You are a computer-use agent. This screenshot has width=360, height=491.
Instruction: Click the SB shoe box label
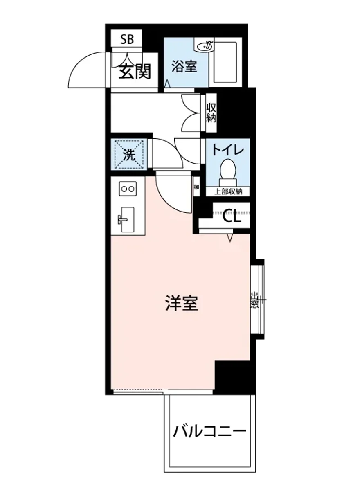[x=127, y=40]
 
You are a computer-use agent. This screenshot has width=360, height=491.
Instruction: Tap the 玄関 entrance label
[x=135, y=72]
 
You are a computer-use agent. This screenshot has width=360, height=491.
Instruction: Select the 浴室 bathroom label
[x=184, y=66]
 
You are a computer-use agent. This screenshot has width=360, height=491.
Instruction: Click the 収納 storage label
[x=211, y=113]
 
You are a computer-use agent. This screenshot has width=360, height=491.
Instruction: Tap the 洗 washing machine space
[x=129, y=155]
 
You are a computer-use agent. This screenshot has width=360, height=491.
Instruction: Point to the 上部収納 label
[x=228, y=191]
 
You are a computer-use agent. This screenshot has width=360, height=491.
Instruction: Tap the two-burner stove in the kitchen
[x=127, y=189]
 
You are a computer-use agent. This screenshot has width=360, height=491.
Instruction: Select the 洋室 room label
[x=182, y=304]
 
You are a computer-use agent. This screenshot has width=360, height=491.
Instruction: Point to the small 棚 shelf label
[x=197, y=187]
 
